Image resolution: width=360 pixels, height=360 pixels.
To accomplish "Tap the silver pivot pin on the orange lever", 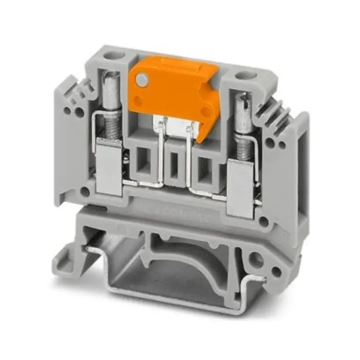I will [142, 80].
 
